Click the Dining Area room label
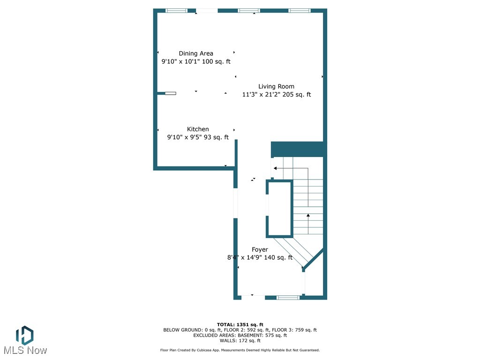tap(196, 53)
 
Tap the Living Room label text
tap(276, 86)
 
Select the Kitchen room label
tap(198, 129)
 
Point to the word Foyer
tap(260, 250)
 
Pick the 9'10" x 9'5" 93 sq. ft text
tap(198, 137)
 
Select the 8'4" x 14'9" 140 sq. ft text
tap(260, 257)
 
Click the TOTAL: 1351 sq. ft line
tap(240, 324)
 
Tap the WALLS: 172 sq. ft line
tap(240, 340)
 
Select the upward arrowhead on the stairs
tap(308, 216)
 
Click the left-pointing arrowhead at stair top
tap(276, 168)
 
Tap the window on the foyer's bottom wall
tap(288, 297)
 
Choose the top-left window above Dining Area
tap(176, 10)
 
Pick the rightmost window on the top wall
tap(299, 10)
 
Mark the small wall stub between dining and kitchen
tap(166, 93)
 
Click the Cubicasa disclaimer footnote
tap(240, 350)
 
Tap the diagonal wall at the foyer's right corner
tap(314, 259)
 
